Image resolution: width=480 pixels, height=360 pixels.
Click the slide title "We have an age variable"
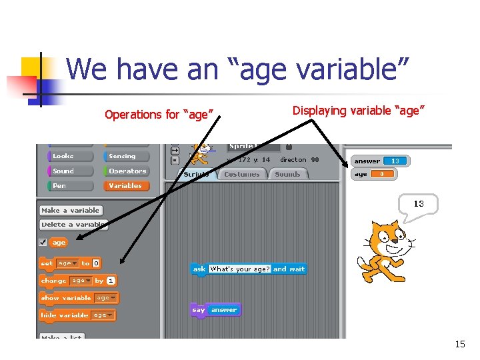(x=237, y=69)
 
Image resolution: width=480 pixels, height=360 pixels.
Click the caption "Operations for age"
(x=159, y=115)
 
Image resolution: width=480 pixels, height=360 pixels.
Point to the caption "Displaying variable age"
(x=358, y=111)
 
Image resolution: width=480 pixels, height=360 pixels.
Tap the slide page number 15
(x=459, y=344)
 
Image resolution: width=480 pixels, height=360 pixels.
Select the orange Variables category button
(x=126, y=186)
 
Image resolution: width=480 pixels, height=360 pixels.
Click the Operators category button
(x=126, y=171)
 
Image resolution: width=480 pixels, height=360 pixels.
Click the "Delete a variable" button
(x=72, y=225)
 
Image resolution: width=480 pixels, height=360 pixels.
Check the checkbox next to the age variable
(x=43, y=242)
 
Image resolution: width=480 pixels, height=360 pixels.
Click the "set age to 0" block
(x=70, y=263)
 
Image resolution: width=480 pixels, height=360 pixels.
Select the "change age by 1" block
(x=77, y=281)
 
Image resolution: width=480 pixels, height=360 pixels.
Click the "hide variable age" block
(x=77, y=315)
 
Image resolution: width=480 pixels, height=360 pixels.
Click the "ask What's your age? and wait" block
(x=248, y=269)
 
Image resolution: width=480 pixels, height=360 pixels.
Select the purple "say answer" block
(x=215, y=310)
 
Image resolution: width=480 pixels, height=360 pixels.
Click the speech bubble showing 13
(x=419, y=204)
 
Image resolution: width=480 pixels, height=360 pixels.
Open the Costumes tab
(x=241, y=174)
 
